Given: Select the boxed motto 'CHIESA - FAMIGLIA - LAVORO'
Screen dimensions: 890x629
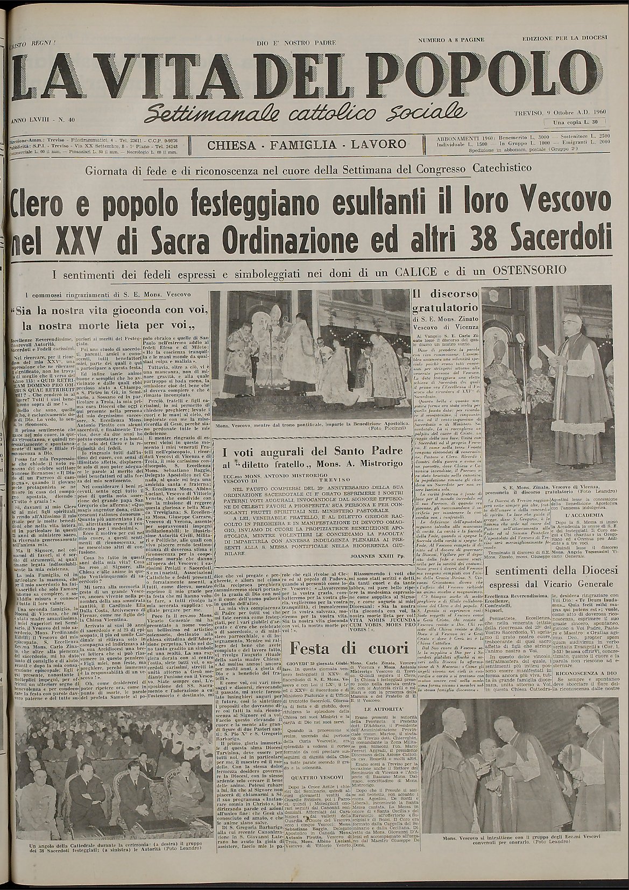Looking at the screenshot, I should tap(307, 144).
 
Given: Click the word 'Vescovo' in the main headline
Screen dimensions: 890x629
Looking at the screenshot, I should tap(565, 204).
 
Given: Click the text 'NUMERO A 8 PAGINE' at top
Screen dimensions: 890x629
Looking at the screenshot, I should tap(451, 40).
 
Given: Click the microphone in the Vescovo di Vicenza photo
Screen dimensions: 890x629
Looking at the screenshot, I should tap(520, 339).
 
